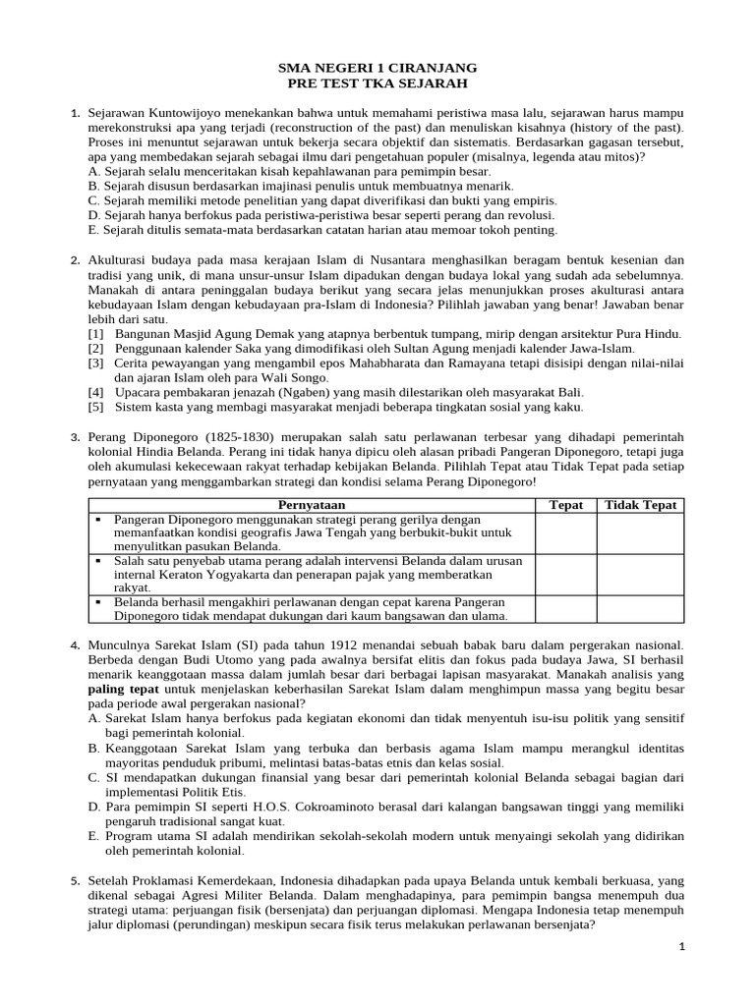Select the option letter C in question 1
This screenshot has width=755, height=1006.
(92, 199)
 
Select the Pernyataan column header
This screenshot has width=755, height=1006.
(312, 505)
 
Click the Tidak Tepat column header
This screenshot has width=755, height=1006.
(641, 505)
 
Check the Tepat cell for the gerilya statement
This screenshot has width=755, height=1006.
(566, 532)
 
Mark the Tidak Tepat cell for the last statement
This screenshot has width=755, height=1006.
(641, 609)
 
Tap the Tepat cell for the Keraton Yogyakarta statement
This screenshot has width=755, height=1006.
(566, 574)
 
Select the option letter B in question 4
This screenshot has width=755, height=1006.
(93, 749)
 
